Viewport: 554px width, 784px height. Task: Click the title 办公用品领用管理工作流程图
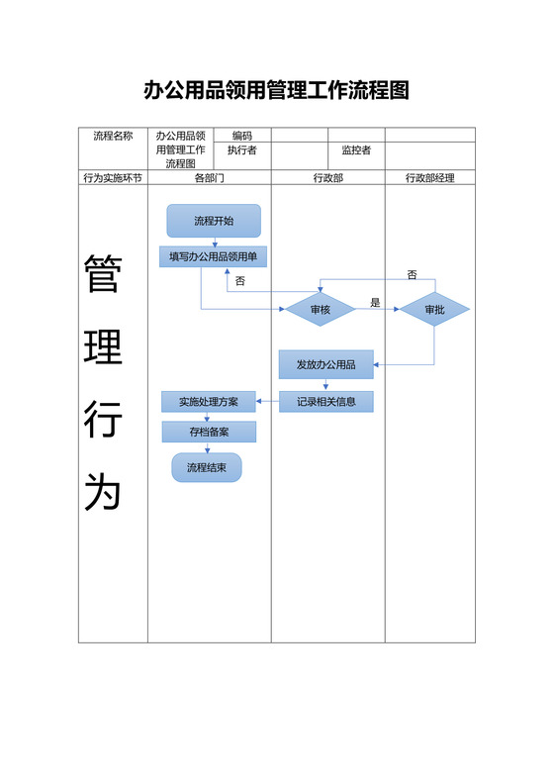pos(276,91)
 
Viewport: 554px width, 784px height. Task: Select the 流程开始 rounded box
pos(214,221)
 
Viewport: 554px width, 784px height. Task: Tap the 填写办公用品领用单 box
pos(213,256)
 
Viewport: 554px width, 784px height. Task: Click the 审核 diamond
pos(321,310)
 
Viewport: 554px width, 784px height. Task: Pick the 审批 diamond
pos(434,310)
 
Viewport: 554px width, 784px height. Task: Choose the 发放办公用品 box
pos(326,365)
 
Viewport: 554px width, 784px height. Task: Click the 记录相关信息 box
pos(326,402)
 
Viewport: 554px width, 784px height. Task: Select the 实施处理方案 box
pos(209,402)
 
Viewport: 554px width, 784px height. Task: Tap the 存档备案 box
pos(209,432)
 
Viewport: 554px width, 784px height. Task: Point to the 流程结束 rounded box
pos(207,467)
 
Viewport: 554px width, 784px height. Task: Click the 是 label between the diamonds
pos(375,303)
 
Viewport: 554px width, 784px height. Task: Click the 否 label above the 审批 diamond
pos(412,274)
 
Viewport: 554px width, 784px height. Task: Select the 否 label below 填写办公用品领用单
pos(239,281)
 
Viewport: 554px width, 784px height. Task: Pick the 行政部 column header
pos(327,178)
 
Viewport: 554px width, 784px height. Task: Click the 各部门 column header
pos(210,178)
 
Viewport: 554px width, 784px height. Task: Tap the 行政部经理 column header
pos(430,178)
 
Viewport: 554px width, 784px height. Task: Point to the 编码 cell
pos(242,136)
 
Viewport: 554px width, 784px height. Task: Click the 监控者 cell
pos(356,150)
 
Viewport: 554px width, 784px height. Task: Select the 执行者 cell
pos(242,150)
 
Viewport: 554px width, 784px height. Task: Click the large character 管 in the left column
pos(102,275)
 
